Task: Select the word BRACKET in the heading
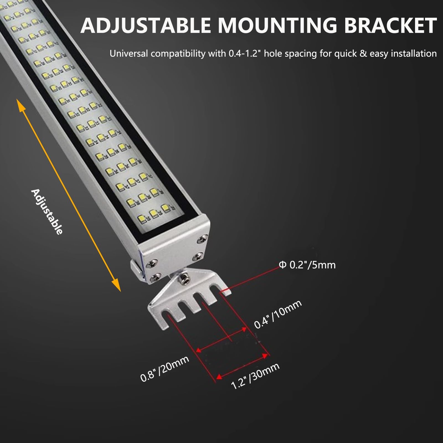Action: (x=389, y=25)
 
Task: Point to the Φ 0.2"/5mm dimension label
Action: (x=307, y=265)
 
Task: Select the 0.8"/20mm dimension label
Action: (x=165, y=368)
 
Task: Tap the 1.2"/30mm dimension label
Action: (x=255, y=375)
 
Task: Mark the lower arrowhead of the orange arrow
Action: (x=117, y=285)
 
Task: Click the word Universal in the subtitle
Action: (x=129, y=53)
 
